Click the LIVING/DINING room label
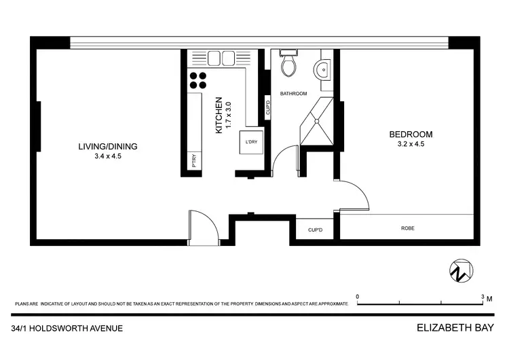(x=109, y=146)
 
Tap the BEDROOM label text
(x=410, y=134)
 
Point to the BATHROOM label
(x=293, y=94)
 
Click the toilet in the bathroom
(x=288, y=65)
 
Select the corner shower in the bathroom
(x=317, y=122)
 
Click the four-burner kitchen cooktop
(x=197, y=81)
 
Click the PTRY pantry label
(x=194, y=162)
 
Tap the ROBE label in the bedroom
(x=407, y=228)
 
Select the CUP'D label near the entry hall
(x=315, y=230)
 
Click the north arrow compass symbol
(x=459, y=270)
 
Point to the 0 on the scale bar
(x=358, y=297)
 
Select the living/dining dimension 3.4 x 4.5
(x=109, y=156)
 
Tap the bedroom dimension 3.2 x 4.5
(x=410, y=144)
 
